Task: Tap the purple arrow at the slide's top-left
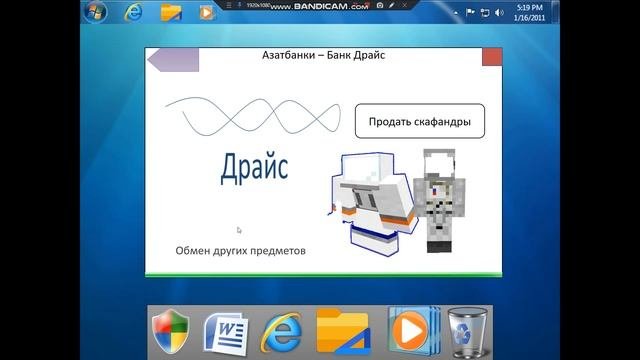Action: [x=173, y=59]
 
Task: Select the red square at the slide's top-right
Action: [x=492, y=57]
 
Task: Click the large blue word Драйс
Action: [x=254, y=166]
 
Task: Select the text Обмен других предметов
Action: [x=240, y=250]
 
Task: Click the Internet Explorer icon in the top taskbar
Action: [x=134, y=13]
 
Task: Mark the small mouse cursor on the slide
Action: [x=238, y=230]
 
